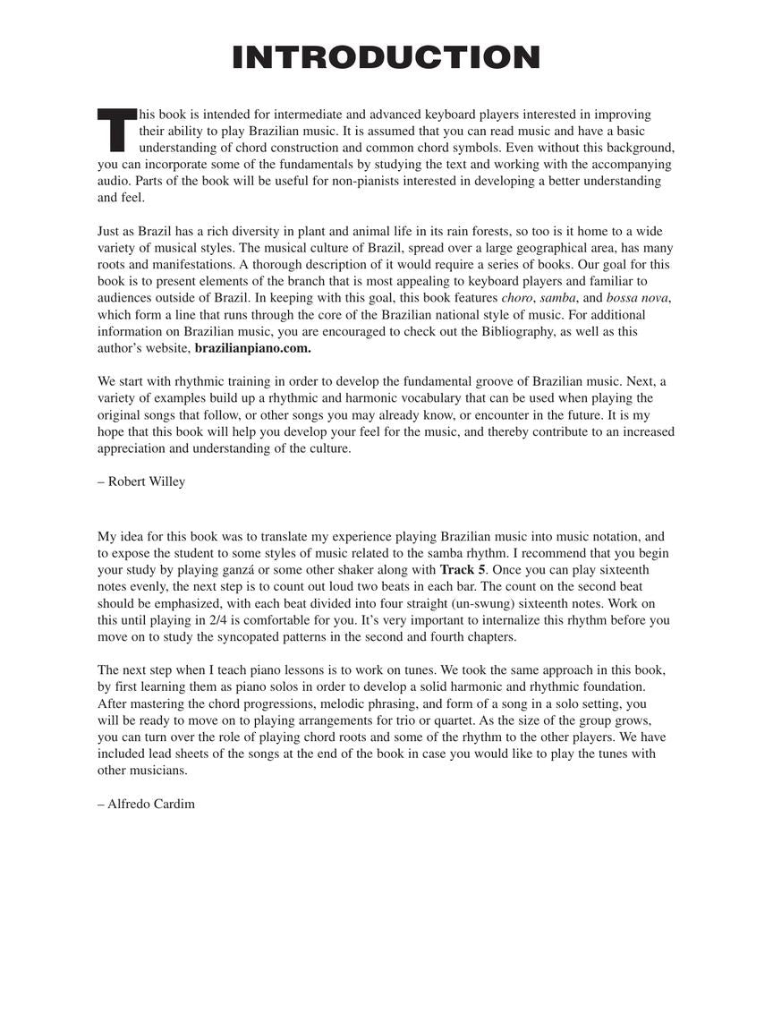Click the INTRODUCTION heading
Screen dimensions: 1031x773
tap(386, 57)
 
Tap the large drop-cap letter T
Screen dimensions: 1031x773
tap(115, 130)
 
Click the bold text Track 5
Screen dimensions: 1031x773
tap(463, 570)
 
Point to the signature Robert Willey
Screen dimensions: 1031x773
tap(141, 481)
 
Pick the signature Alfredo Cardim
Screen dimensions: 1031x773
tap(146, 804)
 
